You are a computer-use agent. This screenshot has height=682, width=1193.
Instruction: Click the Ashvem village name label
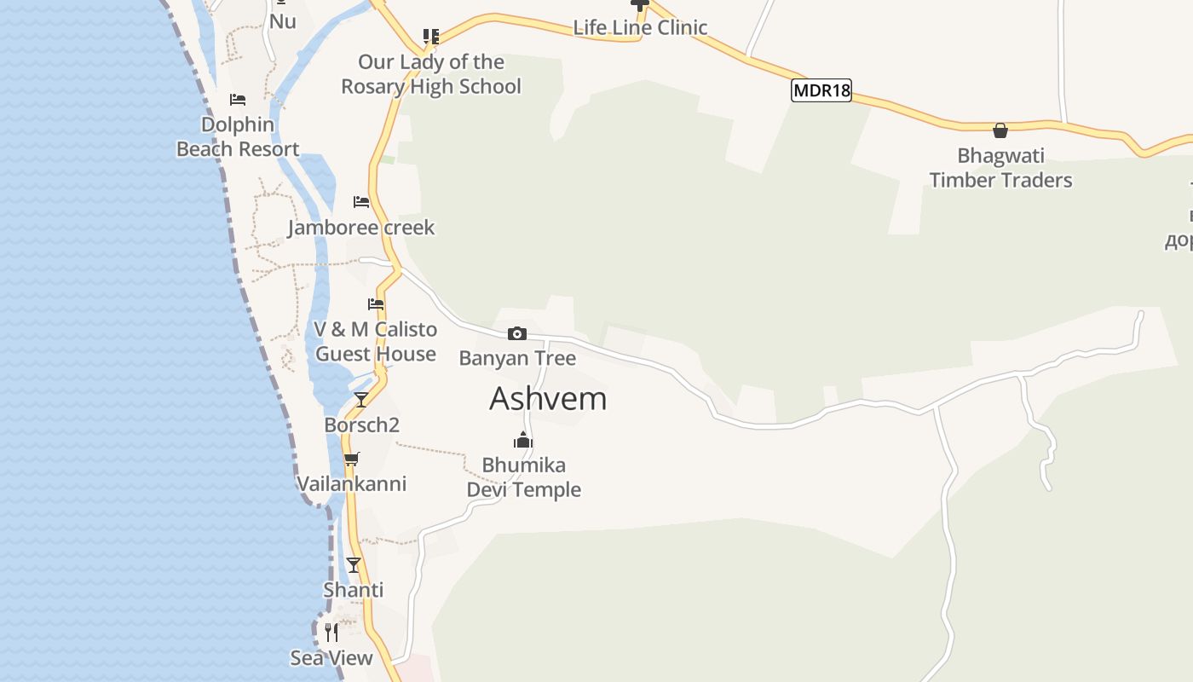(x=548, y=399)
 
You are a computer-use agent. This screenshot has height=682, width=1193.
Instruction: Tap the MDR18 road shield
(x=821, y=90)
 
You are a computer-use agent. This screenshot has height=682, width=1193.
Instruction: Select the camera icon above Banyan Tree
(x=517, y=333)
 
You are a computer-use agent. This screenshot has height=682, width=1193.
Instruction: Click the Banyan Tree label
(x=517, y=358)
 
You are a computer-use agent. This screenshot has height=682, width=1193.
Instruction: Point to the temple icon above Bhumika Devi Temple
(x=523, y=440)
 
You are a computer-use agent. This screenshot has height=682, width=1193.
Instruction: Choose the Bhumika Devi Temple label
(x=523, y=477)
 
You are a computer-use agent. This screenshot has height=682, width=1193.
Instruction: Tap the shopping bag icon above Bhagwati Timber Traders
(x=1000, y=130)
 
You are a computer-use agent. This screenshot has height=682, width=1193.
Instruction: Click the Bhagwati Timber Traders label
(x=1000, y=168)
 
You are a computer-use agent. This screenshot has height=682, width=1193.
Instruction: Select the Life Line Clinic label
(x=640, y=27)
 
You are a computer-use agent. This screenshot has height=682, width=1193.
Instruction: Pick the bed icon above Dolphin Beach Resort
(x=238, y=100)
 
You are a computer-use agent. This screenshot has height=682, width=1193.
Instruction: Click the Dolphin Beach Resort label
(x=238, y=136)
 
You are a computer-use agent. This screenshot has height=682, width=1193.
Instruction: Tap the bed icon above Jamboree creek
(x=361, y=202)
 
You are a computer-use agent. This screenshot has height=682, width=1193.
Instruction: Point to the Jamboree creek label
(x=361, y=228)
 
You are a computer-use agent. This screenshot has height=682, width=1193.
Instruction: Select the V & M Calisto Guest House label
(x=376, y=342)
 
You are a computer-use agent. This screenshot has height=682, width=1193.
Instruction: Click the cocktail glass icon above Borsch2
(x=361, y=399)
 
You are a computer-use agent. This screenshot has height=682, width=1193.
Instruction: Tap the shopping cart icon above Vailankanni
(x=351, y=459)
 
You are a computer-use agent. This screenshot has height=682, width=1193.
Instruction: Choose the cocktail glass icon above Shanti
(x=354, y=564)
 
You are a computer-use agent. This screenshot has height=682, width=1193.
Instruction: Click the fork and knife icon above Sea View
(x=331, y=633)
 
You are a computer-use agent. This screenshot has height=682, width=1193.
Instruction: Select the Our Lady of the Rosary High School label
(x=431, y=74)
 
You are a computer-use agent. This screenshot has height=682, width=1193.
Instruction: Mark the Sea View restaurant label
(x=331, y=658)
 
